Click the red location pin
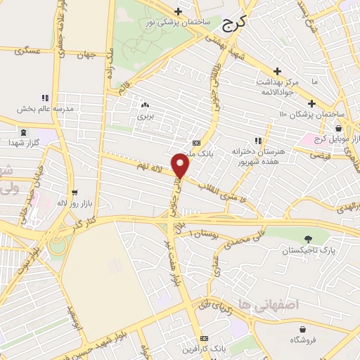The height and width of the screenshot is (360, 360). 181,166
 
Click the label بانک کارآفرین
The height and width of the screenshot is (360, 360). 205,349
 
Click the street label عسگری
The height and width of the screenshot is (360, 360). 28,51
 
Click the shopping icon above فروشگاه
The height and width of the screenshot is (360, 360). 303,328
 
